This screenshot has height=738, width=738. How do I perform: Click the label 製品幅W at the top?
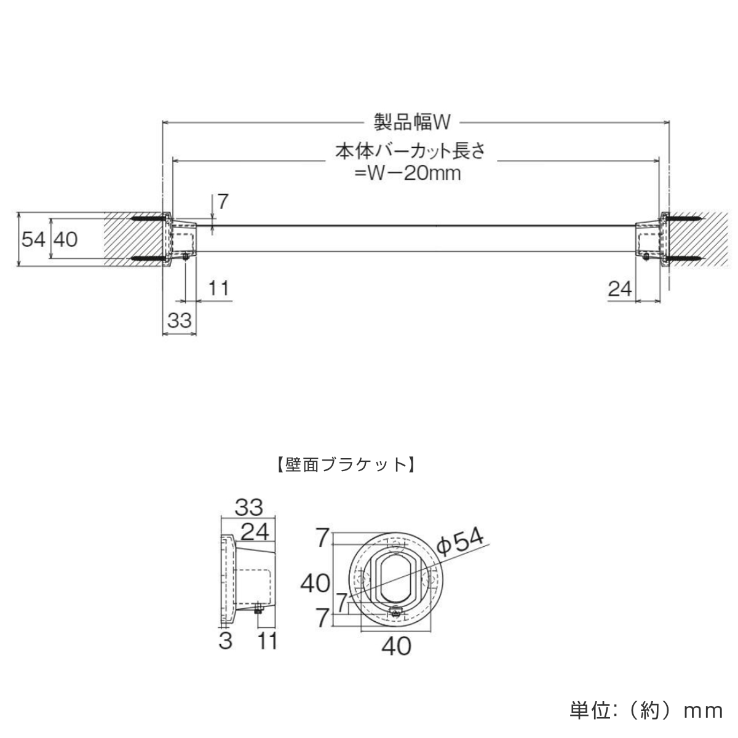click(413, 122)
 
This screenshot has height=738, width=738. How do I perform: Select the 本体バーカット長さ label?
click(410, 152)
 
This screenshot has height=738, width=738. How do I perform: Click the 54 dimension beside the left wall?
click(33, 239)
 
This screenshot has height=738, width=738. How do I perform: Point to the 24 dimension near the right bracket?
click(620, 287)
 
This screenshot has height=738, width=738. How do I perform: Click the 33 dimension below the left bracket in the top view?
click(180, 320)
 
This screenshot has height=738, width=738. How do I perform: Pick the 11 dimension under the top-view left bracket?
click(218, 287)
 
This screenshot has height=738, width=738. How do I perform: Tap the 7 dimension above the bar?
click(223, 201)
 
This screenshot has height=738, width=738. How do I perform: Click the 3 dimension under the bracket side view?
click(226, 641)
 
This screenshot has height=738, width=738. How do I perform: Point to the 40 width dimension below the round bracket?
click(396, 646)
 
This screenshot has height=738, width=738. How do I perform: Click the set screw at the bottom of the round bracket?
click(397, 612)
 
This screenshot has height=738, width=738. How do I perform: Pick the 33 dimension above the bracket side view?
click(248, 507)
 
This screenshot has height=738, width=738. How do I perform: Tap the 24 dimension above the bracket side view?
click(255, 531)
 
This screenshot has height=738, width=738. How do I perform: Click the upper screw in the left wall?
click(148, 218)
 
